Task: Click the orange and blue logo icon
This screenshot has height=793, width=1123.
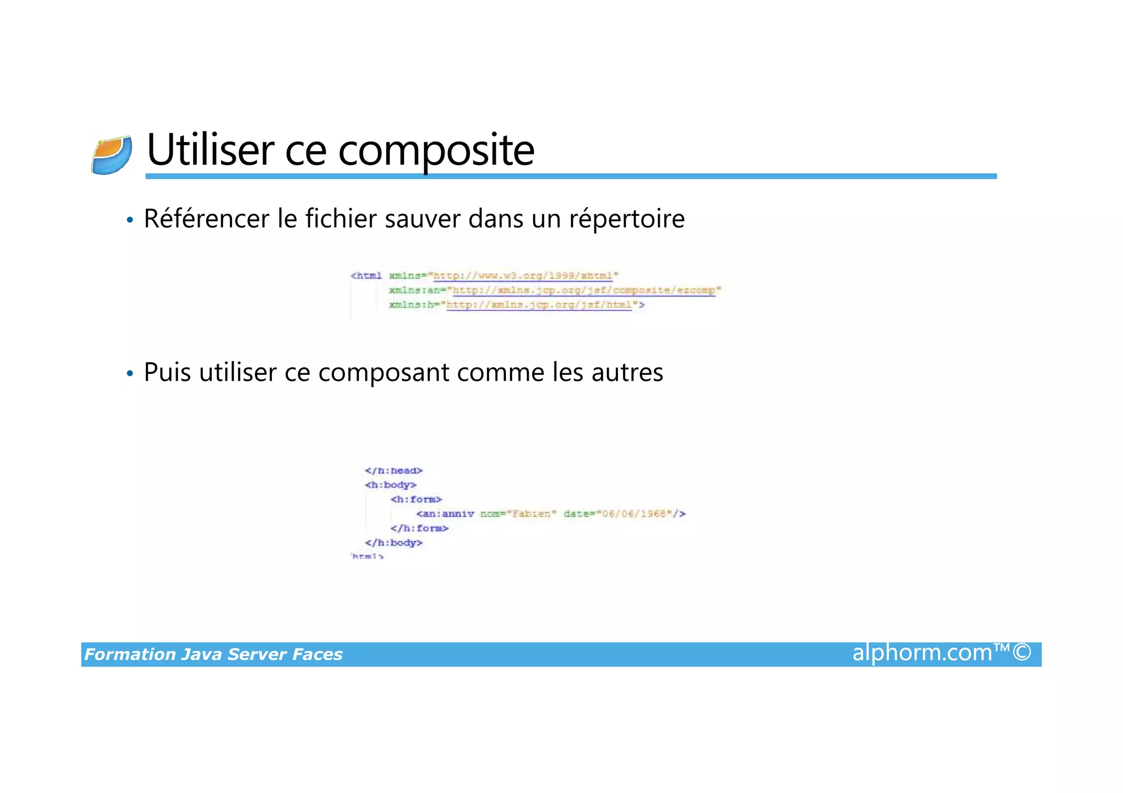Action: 112,156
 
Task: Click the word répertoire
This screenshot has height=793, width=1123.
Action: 627,219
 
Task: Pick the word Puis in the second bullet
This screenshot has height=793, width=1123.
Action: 167,373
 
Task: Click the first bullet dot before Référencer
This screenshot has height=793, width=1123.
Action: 129,220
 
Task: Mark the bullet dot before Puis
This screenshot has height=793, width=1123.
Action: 129,374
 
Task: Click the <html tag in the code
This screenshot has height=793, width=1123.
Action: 366,276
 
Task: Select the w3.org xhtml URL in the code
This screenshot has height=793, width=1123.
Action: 523,276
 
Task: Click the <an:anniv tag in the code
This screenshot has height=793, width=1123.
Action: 445,514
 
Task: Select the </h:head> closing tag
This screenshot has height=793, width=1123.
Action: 394,471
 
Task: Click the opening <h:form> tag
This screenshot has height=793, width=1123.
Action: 416,499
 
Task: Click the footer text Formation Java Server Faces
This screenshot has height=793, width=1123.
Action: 213,654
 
